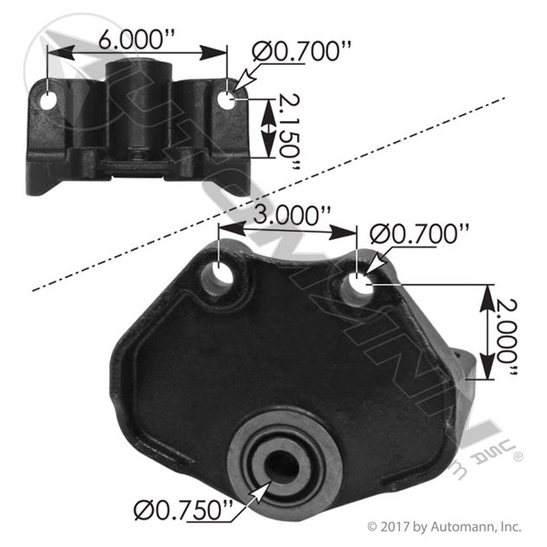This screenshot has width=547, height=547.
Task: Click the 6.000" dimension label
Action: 136,39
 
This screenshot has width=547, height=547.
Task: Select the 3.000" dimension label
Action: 292,216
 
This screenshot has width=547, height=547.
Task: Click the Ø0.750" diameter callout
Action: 183,511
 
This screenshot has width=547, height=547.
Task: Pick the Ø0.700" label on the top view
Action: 301,51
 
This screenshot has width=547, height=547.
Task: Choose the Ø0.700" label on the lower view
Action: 419,234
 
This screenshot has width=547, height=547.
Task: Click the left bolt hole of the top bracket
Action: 48,101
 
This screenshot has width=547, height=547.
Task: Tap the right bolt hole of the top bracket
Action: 227,100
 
